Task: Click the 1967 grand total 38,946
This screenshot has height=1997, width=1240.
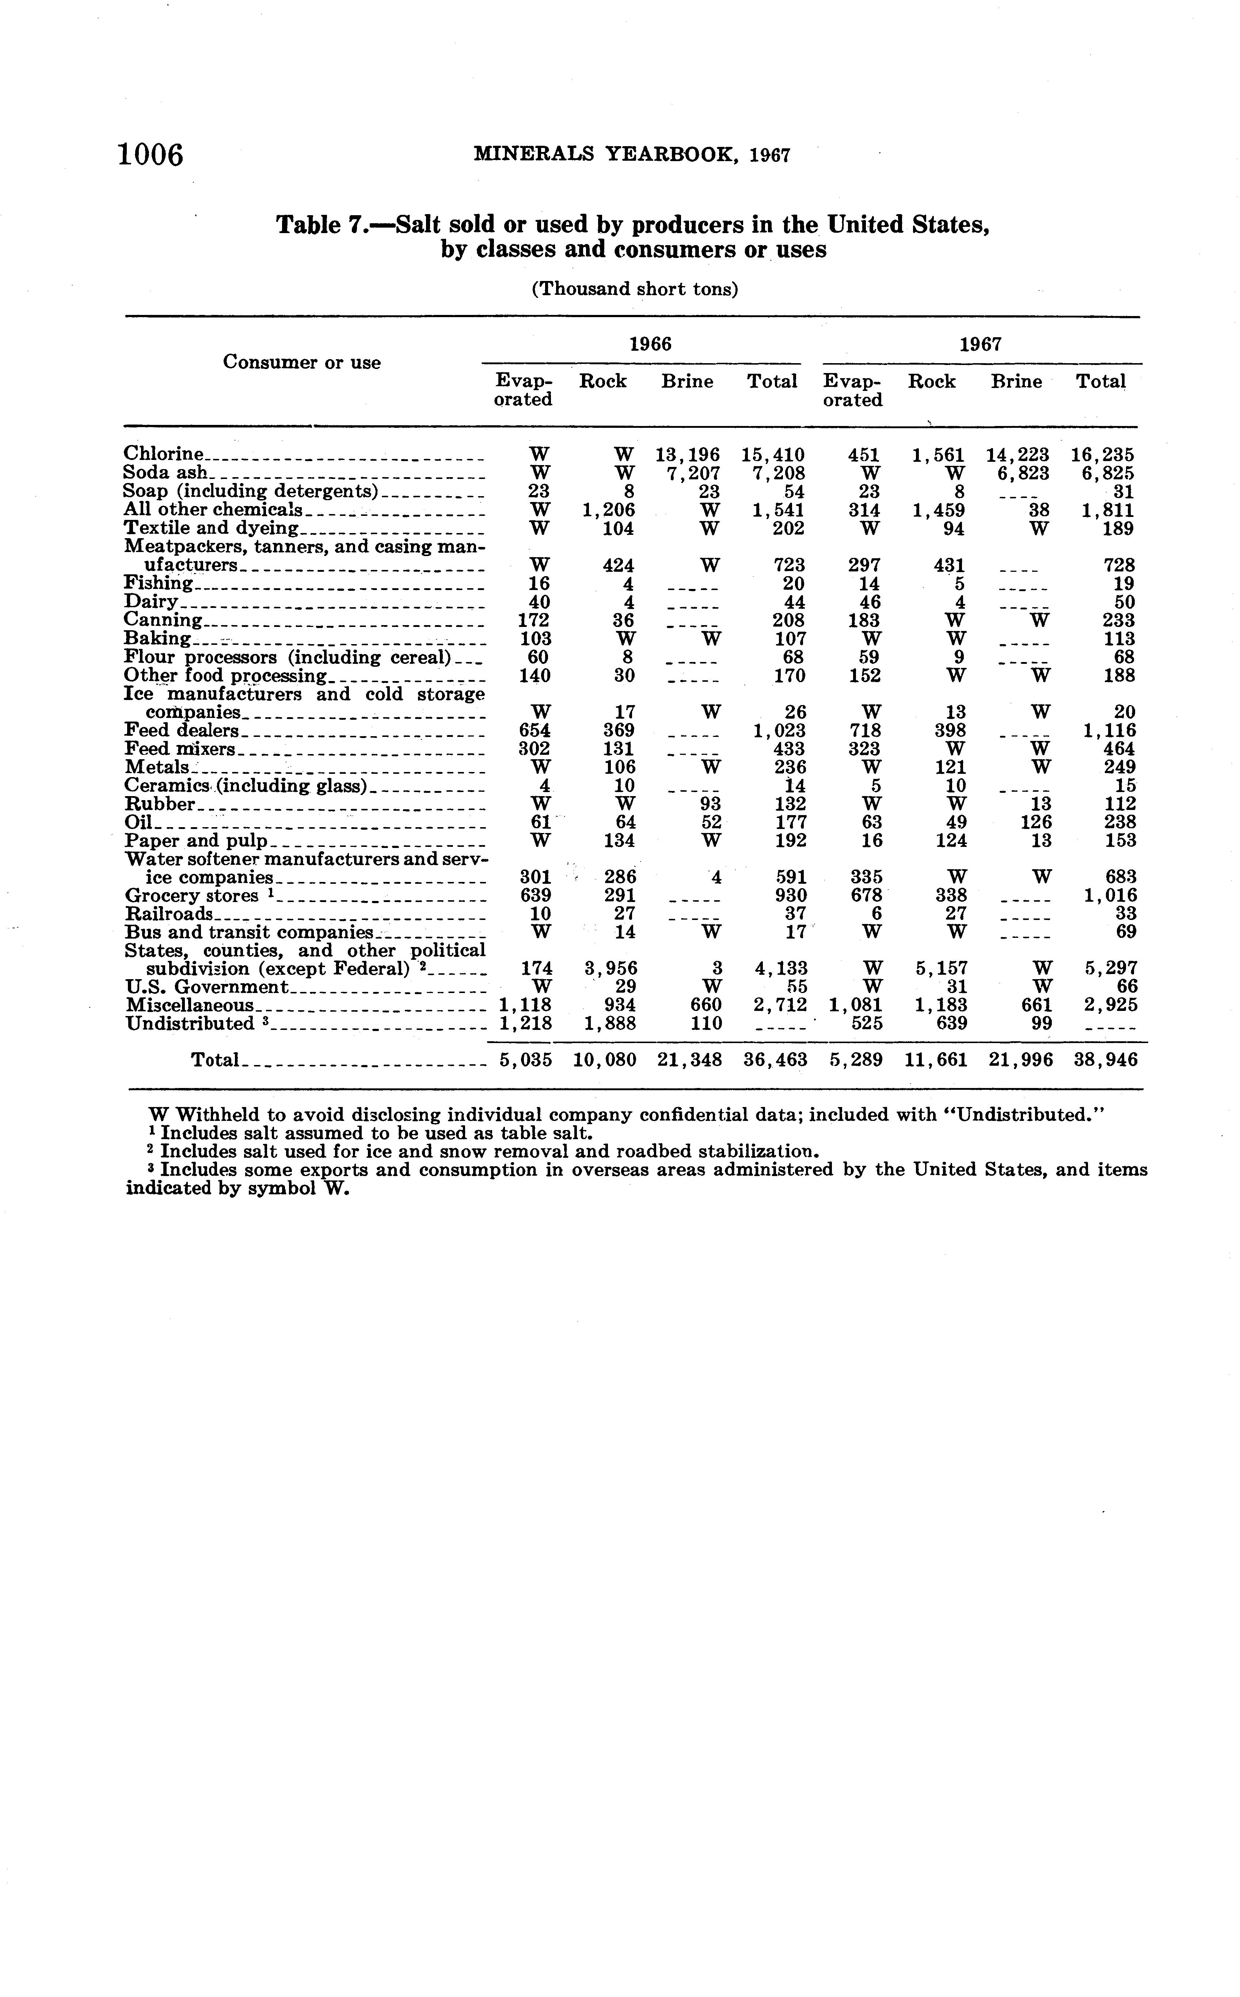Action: [x=1105, y=1060]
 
